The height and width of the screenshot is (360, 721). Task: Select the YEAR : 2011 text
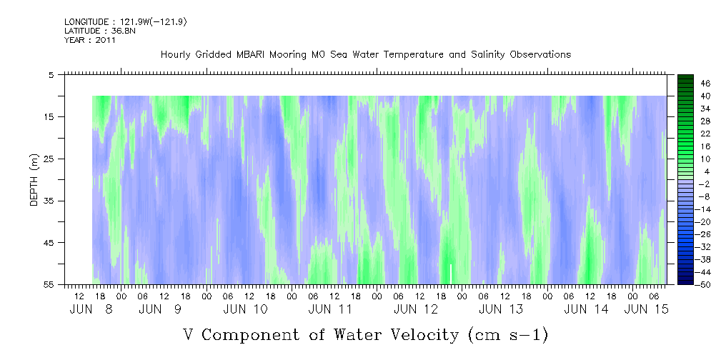tap(90, 40)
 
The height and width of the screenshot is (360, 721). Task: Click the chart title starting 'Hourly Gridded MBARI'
tap(366, 54)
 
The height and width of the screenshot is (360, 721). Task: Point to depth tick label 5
tap(51, 74)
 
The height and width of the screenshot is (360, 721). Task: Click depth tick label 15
tap(50, 116)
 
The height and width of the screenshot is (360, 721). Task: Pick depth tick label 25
tap(50, 159)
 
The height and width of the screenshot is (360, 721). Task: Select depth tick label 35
tap(50, 201)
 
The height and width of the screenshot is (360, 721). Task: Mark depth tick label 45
tap(50, 243)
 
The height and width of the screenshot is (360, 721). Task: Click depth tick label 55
tap(50, 285)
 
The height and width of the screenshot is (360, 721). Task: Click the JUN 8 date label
tap(91, 309)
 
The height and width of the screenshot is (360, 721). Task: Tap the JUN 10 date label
tap(245, 309)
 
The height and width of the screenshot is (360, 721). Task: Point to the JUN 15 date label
tap(647, 309)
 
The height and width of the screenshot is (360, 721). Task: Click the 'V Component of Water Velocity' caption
tap(365, 334)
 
